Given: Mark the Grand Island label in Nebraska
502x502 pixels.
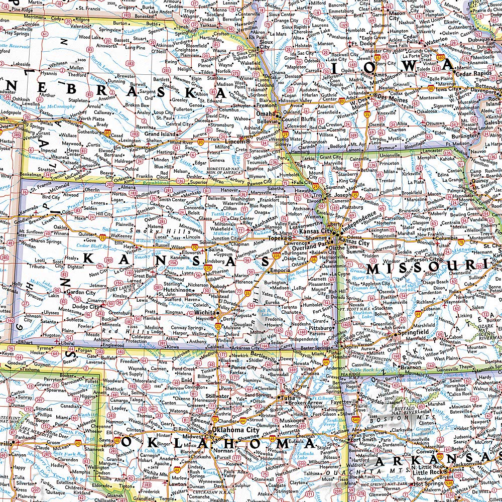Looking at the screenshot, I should pos(160,134).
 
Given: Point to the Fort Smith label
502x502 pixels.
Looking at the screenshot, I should pos(363,440).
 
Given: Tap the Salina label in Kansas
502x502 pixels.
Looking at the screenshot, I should pos(215,249).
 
